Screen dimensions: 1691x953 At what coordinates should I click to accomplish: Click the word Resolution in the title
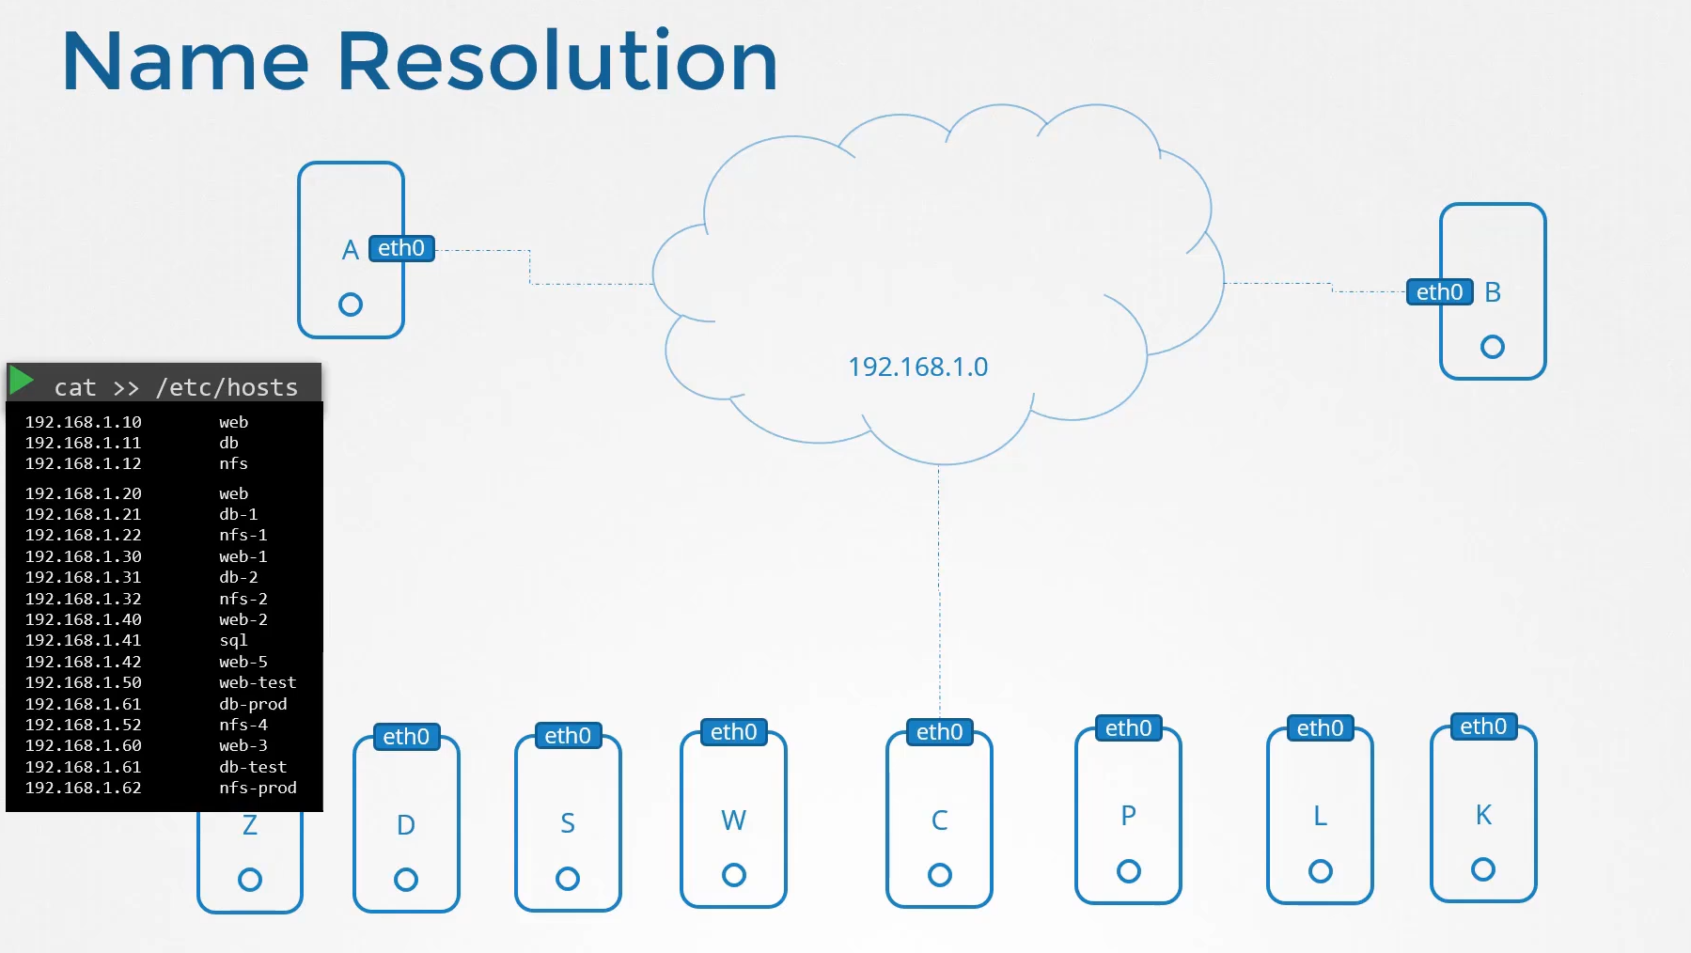[557, 61]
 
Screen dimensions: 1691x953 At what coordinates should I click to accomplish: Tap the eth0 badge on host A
[401, 248]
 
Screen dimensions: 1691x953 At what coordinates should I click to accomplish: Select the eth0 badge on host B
[1439, 292]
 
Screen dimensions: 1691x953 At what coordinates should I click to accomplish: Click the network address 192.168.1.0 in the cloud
[917, 367]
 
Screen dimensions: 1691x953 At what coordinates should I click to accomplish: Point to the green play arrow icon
[22, 380]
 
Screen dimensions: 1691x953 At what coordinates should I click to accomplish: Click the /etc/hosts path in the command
[227, 387]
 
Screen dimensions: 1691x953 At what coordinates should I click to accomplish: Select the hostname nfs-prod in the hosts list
[258, 788]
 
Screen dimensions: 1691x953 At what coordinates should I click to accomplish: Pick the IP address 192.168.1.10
[84, 422]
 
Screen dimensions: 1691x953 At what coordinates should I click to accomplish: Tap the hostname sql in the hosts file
[233, 640]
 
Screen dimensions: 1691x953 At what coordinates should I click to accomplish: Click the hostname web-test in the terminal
[258, 682]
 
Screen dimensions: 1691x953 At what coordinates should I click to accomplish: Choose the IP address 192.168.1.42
[84, 662]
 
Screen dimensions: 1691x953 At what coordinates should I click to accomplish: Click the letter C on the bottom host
[939, 820]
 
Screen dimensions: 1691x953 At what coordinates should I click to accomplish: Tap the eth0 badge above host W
[733, 732]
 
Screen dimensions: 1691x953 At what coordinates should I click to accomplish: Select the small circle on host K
[1483, 869]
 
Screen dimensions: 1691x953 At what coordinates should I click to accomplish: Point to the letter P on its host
[1128, 816]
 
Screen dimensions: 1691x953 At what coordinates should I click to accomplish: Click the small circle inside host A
[351, 305]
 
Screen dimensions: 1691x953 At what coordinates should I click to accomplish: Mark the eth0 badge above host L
[1320, 728]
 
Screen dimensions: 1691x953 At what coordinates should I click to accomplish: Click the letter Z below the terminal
[250, 825]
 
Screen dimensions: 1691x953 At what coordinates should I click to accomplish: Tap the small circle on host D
[406, 880]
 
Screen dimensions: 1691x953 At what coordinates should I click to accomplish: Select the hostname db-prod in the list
[253, 704]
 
